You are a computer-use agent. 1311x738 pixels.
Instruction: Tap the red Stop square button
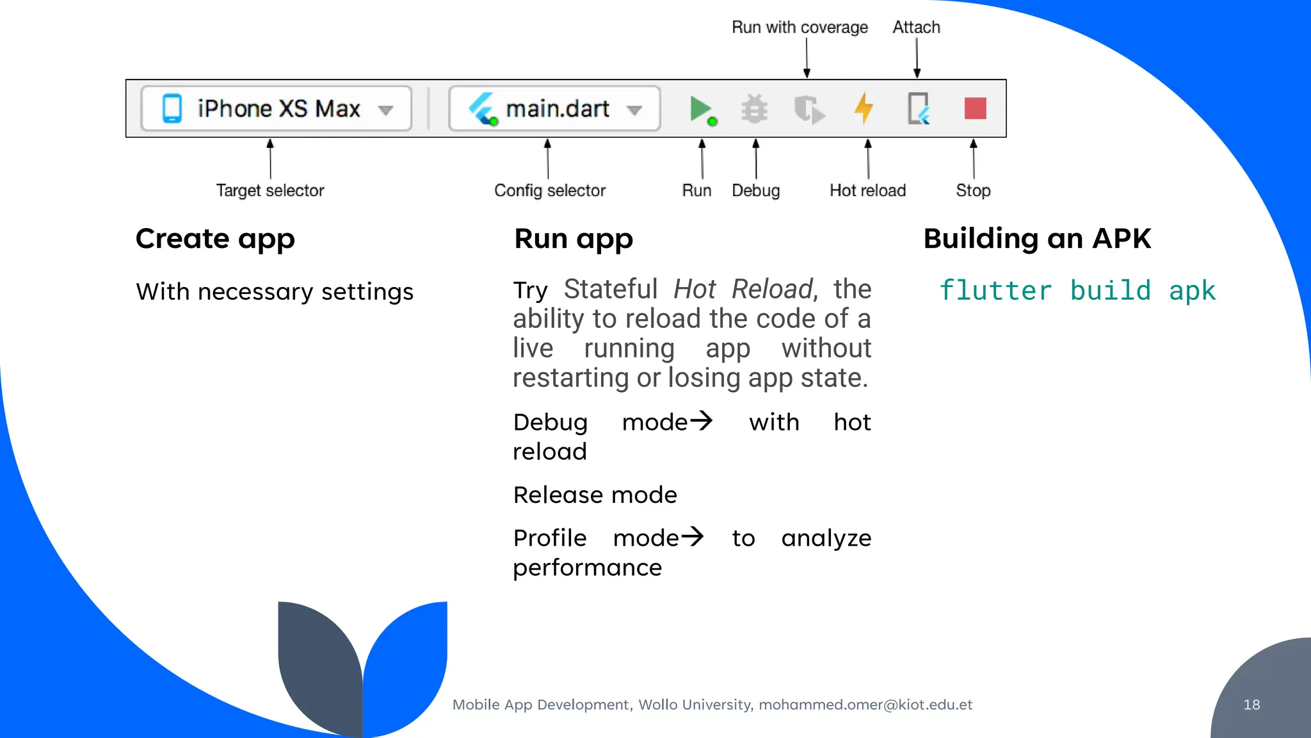tap(975, 108)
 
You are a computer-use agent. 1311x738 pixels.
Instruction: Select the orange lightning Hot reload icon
tap(864, 108)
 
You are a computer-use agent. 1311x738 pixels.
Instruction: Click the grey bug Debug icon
tap(755, 109)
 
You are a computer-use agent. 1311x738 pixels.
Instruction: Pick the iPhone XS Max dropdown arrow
tap(385, 110)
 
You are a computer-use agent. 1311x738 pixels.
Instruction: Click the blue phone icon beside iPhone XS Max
tap(172, 108)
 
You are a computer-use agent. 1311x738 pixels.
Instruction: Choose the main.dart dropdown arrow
tap(634, 110)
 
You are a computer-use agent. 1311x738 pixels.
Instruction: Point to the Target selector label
tap(270, 190)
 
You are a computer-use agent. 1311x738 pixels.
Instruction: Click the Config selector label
tap(549, 190)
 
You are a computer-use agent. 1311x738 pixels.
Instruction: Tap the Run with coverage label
tap(800, 28)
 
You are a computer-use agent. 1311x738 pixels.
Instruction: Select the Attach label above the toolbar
tap(916, 28)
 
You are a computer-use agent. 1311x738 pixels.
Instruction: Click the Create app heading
tap(215, 239)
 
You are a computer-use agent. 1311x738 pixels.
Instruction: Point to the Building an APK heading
tap(1037, 239)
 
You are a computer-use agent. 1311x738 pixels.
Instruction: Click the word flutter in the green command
tap(995, 291)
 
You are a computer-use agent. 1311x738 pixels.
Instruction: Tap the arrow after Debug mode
tap(702, 421)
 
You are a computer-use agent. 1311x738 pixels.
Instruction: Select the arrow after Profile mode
tap(693, 536)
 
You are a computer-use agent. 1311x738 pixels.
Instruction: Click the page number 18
tap(1251, 705)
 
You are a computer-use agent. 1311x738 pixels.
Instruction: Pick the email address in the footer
tap(865, 705)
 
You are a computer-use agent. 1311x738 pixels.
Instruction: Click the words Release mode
tap(595, 495)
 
